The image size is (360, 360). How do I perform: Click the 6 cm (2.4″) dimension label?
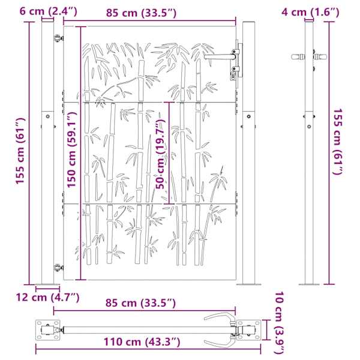48,11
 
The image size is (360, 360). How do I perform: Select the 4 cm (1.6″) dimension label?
310,12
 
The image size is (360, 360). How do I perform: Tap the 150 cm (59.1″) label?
71,149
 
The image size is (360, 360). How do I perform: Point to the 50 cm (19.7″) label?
160,154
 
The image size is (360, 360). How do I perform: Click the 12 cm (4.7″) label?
47,298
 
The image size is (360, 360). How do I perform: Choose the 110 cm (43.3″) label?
142,342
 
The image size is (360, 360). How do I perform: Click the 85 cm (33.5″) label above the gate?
141,13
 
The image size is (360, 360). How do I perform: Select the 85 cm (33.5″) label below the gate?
140,303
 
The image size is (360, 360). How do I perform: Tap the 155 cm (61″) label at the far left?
20,151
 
